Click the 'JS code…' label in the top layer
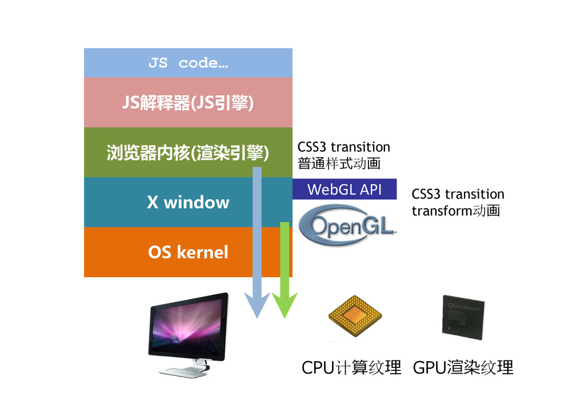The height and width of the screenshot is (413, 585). pyautogui.click(x=188, y=63)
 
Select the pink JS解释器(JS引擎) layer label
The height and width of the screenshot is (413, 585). pyautogui.click(x=188, y=103)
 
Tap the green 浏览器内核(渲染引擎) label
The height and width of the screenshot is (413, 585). pyautogui.click(x=188, y=153)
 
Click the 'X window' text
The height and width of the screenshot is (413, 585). pyautogui.click(x=188, y=203)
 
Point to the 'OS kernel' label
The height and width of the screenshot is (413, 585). pyautogui.click(x=188, y=252)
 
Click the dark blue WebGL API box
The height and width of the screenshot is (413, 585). pyautogui.click(x=344, y=189)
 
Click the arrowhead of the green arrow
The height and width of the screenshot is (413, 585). pyautogui.click(x=284, y=305)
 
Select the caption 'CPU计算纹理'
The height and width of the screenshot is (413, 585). pyautogui.click(x=351, y=367)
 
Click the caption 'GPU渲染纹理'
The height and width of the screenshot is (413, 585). pyautogui.click(x=463, y=367)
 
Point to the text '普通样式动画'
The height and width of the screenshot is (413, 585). pyautogui.click(x=339, y=164)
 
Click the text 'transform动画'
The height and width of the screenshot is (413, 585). pyautogui.click(x=455, y=211)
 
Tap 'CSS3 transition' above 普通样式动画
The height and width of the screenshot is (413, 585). pyautogui.click(x=343, y=148)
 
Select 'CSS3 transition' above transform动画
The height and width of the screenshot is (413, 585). pyautogui.click(x=458, y=195)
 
